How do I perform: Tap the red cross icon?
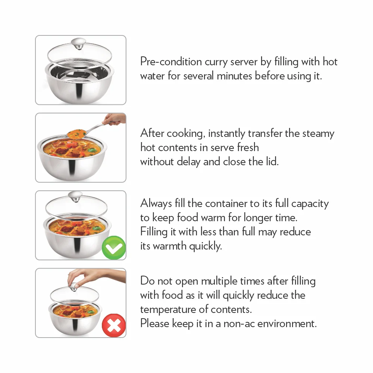114,326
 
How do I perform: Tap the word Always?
156,204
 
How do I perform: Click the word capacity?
310,204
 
